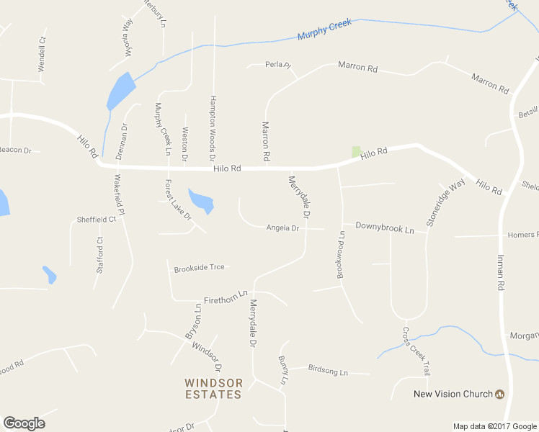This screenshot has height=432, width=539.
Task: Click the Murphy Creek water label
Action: (x=324, y=30)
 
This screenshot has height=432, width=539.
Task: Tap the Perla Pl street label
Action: (x=277, y=65)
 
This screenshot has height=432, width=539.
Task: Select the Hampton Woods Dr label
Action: (x=213, y=127)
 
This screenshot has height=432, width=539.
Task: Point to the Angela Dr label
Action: (x=282, y=228)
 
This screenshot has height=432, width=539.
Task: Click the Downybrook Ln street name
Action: (x=385, y=229)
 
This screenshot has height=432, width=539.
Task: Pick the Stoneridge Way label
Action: (x=446, y=204)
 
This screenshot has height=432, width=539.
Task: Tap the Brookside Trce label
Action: (x=199, y=268)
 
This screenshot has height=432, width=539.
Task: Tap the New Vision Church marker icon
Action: (x=499, y=394)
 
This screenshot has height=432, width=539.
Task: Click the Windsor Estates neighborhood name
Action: (x=213, y=388)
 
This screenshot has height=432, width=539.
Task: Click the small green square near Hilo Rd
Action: (x=355, y=151)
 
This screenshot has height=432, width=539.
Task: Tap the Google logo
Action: (x=24, y=423)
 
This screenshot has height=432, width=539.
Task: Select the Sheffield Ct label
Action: (x=97, y=219)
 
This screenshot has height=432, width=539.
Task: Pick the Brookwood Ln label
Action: (x=342, y=255)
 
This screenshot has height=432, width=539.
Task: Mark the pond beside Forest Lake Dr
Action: (x=201, y=201)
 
